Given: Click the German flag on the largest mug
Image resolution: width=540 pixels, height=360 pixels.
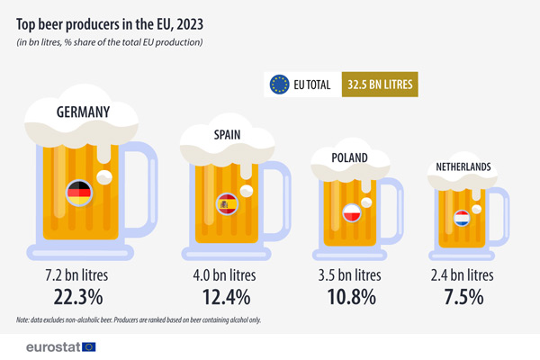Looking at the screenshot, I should [79, 192].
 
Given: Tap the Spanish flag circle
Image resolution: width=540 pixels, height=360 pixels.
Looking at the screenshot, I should [226, 205].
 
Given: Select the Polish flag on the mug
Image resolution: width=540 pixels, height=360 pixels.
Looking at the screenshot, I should [352, 213].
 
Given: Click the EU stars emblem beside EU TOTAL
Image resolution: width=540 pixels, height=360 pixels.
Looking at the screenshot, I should [280, 85].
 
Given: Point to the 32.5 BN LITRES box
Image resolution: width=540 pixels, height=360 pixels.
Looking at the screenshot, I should [379, 85].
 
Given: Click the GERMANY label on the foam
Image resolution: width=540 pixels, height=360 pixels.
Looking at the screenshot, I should [83, 112].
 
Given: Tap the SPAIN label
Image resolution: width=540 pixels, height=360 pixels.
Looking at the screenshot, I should [228, 135].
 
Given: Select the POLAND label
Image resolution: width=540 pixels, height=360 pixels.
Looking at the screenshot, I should [348, 157].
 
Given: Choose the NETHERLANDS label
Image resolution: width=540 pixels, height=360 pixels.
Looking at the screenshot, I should [463, 168].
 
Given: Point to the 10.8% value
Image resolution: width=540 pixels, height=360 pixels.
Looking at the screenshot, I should [348, 295].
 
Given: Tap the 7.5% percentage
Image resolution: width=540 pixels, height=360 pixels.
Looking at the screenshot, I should [463, 295].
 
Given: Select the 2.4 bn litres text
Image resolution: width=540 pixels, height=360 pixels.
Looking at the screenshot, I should [463, 274].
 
